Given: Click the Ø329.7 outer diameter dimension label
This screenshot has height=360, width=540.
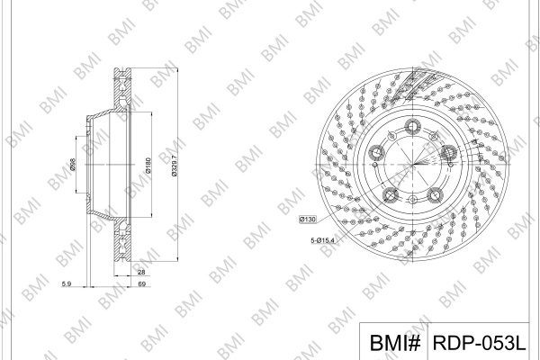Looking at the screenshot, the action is [175, 166].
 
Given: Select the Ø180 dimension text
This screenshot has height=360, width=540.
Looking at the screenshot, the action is [148, 166].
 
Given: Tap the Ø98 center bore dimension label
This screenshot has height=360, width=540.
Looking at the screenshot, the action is [73, 165].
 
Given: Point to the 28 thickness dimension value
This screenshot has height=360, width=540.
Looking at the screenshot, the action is [141, 272].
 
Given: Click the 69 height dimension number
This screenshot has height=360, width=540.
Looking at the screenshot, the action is [141, 283].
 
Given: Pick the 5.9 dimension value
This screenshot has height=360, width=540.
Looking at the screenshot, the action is [66, 283].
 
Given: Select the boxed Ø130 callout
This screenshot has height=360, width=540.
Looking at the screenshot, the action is [308, 219].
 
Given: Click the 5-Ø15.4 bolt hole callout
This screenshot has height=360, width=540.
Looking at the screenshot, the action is [322, 240].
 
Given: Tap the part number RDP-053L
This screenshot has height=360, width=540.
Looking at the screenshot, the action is [479, 342].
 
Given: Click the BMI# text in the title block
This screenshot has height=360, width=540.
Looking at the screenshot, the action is [395, 342].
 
